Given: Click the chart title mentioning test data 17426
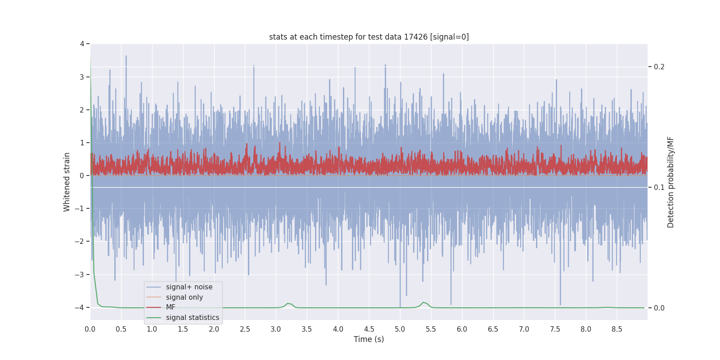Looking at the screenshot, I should (x=369, y=37).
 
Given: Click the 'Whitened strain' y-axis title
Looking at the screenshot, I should (x=67, y=182).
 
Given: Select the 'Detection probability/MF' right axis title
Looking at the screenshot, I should (x=670, y=182).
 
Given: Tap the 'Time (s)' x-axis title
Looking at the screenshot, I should (x=369, y=339).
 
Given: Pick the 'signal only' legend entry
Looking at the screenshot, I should (x=184, y=297).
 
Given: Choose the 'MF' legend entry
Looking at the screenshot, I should (x=171, y=307).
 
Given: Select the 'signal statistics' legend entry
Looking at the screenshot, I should (x=192, y=318).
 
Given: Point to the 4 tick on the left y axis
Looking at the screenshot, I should (x=82, y=44).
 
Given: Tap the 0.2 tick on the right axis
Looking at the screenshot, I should (x=659, y=67).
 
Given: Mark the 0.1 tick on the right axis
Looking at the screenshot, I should (x=659, y=187).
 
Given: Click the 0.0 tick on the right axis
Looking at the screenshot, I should (x=659, y=308).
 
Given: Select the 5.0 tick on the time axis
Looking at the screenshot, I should (x=400, y=329).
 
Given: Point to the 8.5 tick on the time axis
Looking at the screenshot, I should (x=617, y=329).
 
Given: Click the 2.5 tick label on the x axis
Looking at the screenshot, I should (x=245, y=329).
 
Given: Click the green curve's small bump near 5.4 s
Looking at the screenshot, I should (x=423, y=303).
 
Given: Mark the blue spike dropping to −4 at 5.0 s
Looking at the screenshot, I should (x=400, y=301).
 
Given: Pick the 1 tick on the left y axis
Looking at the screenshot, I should (x=82, y=143).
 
